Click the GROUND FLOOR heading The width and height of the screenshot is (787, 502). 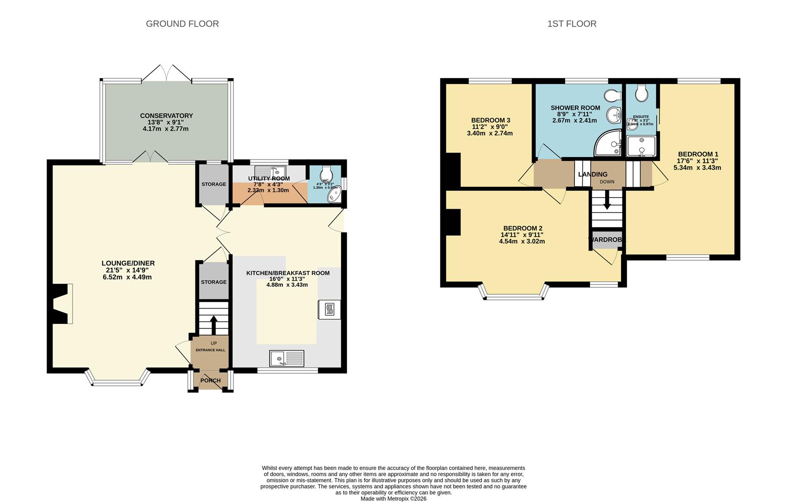click(182, 24)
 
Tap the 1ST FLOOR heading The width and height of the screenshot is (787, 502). click(572, 24)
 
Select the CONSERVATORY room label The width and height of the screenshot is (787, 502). click(166, 116)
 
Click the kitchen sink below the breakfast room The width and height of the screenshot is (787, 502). click(287, 358)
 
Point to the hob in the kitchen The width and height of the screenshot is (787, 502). click(329, 310)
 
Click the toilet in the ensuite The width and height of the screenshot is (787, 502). click(641, 93)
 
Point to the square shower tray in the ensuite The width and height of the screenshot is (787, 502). click(641, 146)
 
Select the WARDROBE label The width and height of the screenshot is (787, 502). click(607, 240)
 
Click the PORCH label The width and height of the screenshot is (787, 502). click(210, 381)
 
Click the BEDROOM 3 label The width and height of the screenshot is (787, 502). click(490, 120)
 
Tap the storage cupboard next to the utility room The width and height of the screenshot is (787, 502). click(213, 185)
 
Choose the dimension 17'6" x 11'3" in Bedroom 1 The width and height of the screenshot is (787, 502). click(697, 161)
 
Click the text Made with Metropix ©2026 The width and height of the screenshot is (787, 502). click(393, 498)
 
